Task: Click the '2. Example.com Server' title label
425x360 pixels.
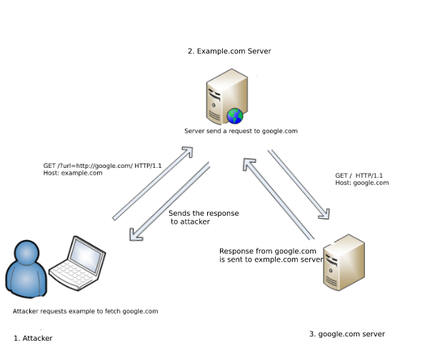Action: [x=229, y=51]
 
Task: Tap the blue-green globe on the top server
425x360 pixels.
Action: [x=235, y=116]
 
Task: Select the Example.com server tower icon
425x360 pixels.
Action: [x=227, y=96]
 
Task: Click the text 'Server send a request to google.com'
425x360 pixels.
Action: [x=241, y=131]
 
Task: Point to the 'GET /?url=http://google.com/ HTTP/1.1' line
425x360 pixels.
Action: [x=102, y=166]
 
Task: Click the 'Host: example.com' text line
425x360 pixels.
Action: [x=73, y=173]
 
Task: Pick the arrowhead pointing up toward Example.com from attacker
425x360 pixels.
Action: [x=188, y=152]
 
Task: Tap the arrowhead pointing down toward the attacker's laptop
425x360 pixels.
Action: [x=136, y=234]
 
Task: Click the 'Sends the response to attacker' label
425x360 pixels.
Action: [x=204, y=217]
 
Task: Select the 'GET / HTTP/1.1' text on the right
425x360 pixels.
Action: [x=359, y=176]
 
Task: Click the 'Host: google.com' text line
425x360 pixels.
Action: [x=362, y=183]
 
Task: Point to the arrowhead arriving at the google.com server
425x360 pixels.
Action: [x=324, y=214]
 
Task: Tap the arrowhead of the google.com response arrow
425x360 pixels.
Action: [x=249, y=164]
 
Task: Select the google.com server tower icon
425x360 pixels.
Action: [x=344, y=262]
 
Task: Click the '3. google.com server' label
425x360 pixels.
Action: [x=347, y=334]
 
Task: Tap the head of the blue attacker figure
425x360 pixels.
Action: [x=26, y=252]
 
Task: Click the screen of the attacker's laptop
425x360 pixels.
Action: [x=86, y=256]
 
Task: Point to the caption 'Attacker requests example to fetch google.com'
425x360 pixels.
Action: [x=86, y=311]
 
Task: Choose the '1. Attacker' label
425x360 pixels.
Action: [x=33, y=339]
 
